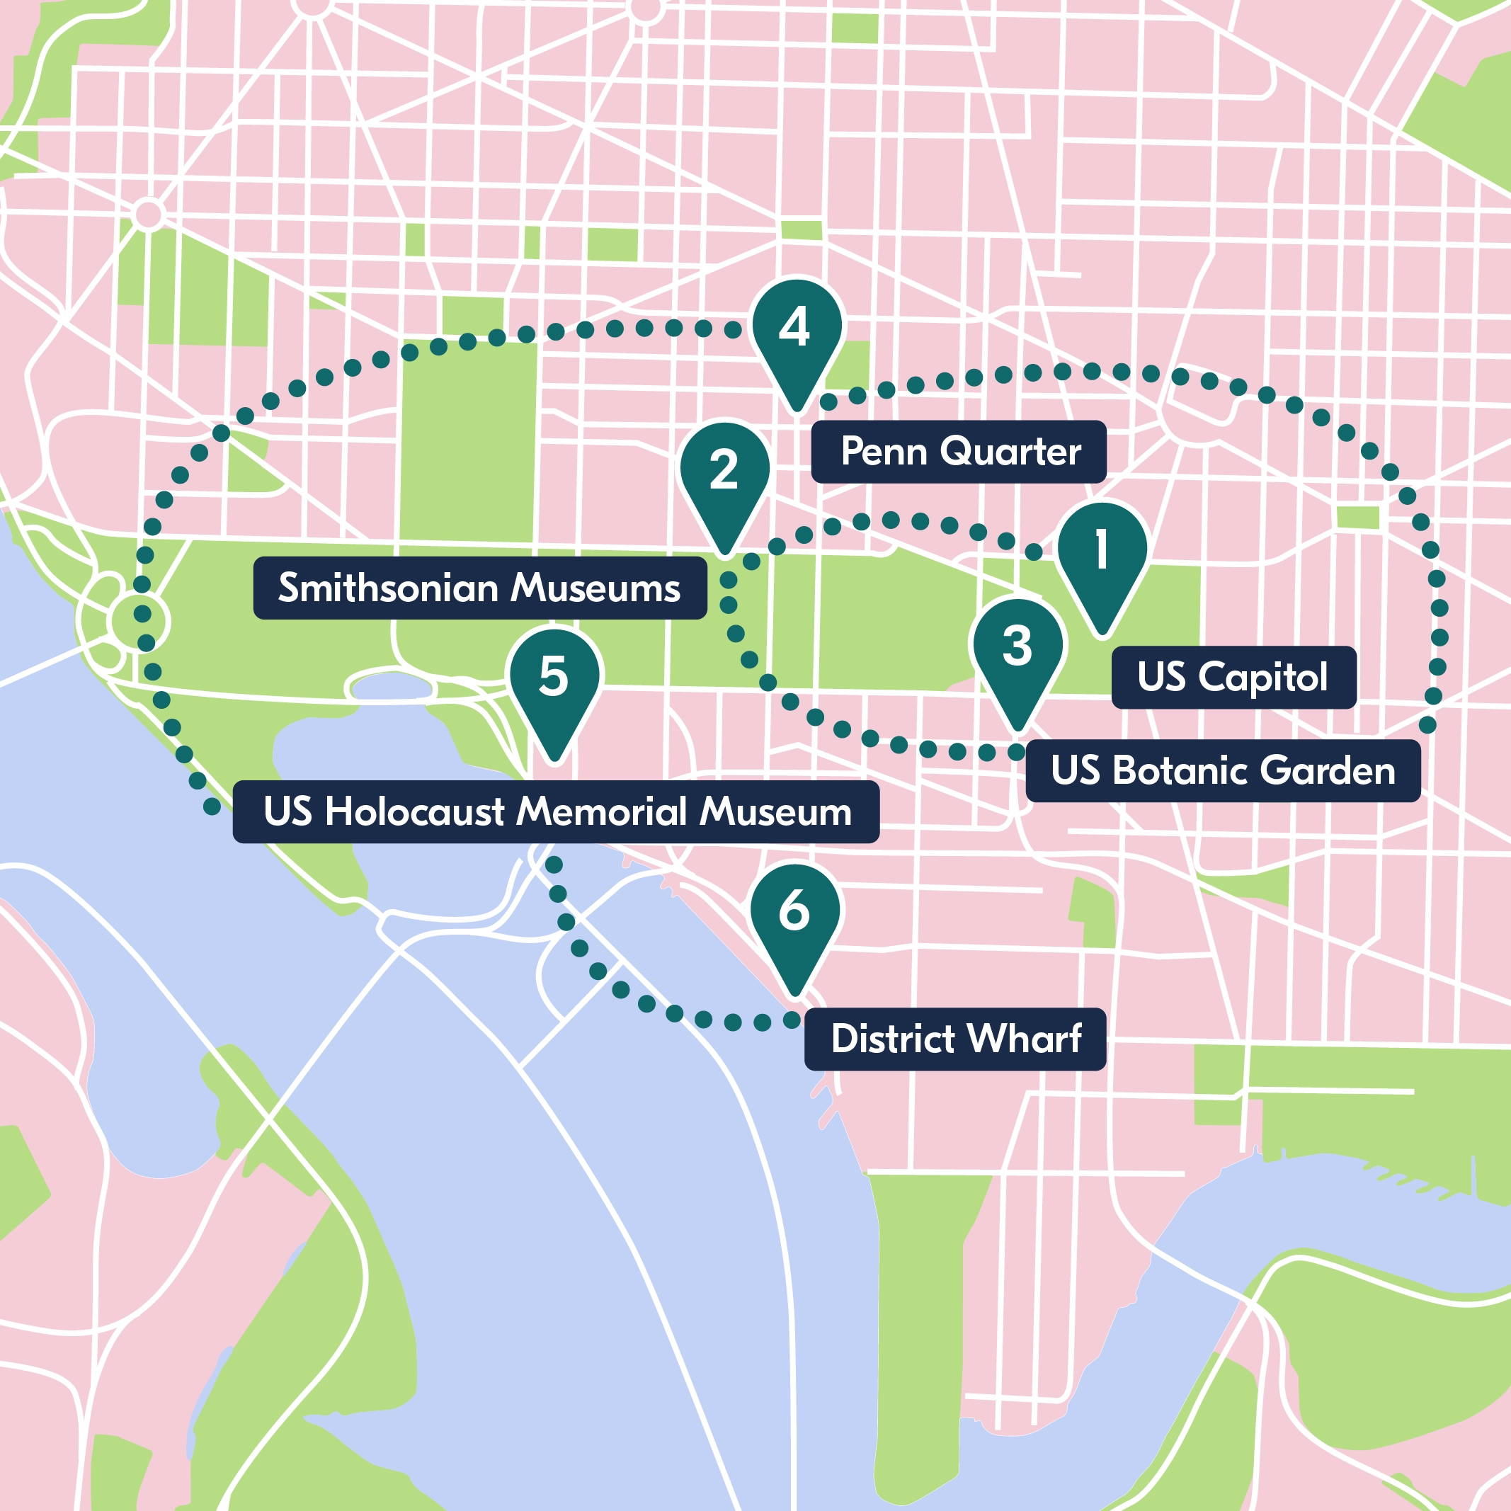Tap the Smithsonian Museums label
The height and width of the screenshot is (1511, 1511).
479,588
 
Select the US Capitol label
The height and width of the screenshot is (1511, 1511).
1233,678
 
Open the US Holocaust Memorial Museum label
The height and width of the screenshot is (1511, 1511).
555,812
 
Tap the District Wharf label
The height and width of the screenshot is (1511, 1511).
954,1039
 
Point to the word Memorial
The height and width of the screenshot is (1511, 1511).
603,812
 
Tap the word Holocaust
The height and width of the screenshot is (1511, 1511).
414,812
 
